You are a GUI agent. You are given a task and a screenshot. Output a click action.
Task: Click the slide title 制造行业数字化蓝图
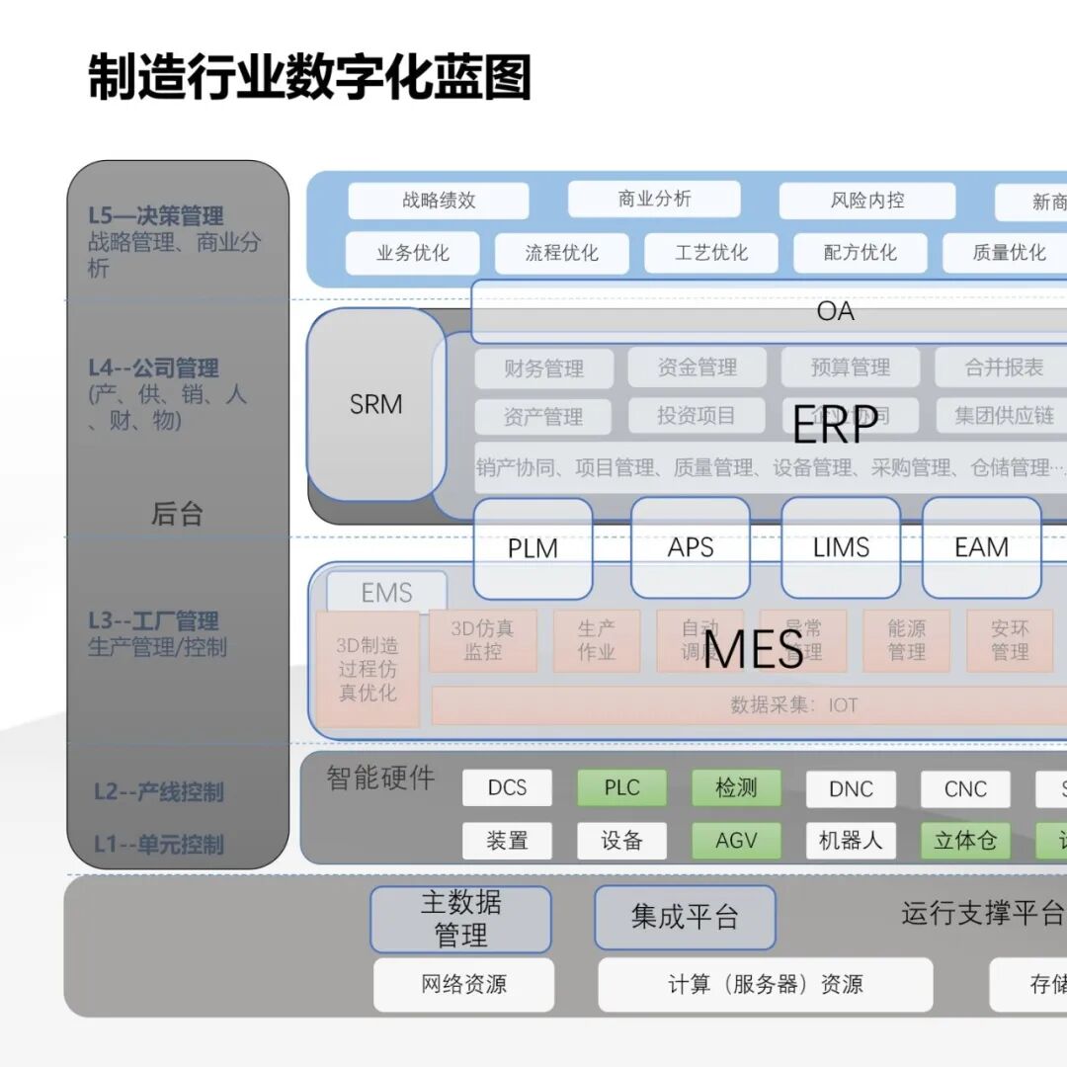(310, 78)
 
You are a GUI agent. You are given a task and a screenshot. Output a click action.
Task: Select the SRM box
(375, 404)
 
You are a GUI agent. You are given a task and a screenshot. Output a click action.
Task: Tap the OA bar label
(835, 311)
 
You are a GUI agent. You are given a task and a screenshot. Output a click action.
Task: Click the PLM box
(533, 548)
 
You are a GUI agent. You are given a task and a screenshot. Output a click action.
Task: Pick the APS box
(690, 548)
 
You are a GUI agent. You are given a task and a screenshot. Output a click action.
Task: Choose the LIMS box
(841, 548)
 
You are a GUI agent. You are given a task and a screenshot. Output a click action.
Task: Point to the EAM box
(981, 548)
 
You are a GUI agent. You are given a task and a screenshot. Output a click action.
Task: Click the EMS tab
(386, 593)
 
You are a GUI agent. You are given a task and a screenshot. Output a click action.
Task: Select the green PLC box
(621, 788)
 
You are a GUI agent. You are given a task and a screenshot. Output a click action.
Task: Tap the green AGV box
(736, 841)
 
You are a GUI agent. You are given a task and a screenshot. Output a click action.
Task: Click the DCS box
(507, 788)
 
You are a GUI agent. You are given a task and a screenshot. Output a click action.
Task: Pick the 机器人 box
(851, 841)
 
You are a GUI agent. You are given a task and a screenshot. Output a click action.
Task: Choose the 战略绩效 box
(439, 201)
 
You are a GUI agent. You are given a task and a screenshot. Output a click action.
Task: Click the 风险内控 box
(866, 201)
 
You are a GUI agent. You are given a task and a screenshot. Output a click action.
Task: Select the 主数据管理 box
(460, 919)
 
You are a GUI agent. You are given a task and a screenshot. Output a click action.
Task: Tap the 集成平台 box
(685, 917)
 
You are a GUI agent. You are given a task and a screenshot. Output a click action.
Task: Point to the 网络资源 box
(463, 984)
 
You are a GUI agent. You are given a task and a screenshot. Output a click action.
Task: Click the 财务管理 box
(543, 369)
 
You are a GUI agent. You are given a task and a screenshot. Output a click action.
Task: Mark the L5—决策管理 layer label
(156, 215)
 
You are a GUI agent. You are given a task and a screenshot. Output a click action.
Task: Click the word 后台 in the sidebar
(177, 514)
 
